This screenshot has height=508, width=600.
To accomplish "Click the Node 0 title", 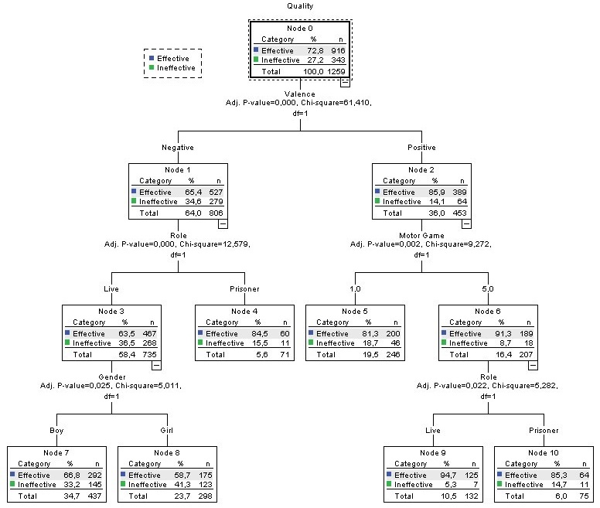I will [300, 29].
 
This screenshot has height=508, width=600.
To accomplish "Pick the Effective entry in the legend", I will [173, 58].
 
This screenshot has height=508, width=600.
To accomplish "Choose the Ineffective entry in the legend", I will [176, 68].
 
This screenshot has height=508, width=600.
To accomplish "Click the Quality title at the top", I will [300, 5].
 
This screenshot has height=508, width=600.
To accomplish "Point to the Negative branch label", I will [177, 148].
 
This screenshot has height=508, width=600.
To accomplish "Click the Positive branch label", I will [421, 148].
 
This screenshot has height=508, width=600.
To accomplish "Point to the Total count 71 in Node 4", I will [261, 354].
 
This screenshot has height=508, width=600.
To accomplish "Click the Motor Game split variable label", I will [421, 236].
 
